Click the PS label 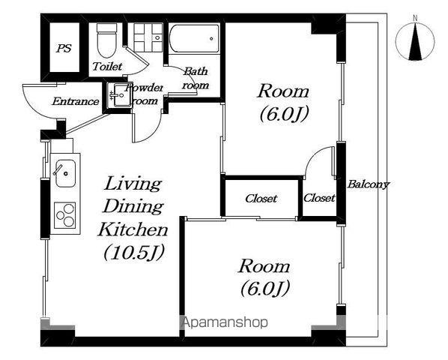coord(64,48)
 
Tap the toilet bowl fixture coord(107,40)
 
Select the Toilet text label coord(107,66)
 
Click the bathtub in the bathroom coord(194,38)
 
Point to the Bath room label coord(196,78)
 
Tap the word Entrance coord(76,101)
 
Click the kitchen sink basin coord(65,173)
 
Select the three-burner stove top coord(65,215)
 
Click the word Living coord(133,184)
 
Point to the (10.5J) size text coord(133,253)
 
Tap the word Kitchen coord(133,229)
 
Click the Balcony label coord(368,184)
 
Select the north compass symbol coord(416,42)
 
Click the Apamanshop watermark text coord(225,322)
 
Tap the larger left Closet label coord(261,198)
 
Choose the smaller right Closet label coord(319,197)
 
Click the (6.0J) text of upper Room coord(285,114)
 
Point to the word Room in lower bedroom coord(264,266)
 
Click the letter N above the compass coord(415,19)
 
